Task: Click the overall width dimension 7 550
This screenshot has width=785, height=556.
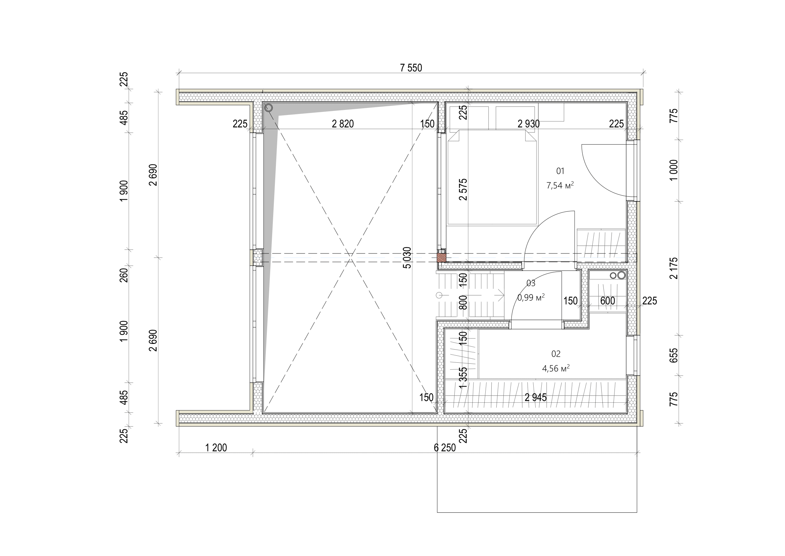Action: pos(411,68)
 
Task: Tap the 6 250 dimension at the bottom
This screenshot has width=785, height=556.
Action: pos(444,448)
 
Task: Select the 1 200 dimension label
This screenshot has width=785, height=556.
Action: pos(216,448)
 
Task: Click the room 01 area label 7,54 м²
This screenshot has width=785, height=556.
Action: pos(560,186)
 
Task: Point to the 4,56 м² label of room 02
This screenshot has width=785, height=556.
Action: pos(555,369)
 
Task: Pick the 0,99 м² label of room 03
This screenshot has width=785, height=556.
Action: pos(531,297)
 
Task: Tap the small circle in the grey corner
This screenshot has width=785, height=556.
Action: pos(269,108)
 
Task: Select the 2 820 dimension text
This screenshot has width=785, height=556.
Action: pos(343,124)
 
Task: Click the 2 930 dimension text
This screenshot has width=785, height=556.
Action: pos(528,124)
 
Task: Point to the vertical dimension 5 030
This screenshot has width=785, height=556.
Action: pos(407,257)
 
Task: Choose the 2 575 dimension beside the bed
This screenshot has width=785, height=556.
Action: pos(463,189)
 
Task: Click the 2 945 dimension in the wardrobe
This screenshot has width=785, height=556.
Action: pos(535,397)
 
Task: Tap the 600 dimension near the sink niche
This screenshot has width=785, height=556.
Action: pos(607,301)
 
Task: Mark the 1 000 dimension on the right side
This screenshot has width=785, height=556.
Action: pos(673,170)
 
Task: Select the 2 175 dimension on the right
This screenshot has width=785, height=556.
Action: pos(673,268)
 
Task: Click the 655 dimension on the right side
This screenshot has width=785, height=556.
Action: pos(673,355)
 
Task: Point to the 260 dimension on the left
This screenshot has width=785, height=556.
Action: pos(124,275)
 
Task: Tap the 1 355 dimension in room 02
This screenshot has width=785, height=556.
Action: pos(463,378)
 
